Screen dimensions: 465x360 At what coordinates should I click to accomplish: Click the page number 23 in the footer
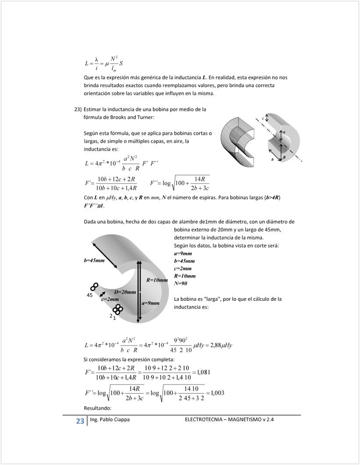(80, 421)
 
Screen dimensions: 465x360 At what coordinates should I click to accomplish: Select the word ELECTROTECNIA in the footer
(204, 419)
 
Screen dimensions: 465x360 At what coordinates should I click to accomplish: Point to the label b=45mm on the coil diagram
(94, 261)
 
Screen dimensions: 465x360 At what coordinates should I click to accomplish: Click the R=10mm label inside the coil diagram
(157, 280)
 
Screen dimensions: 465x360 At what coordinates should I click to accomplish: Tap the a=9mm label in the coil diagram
(150, 303)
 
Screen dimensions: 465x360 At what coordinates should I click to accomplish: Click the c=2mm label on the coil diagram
(110, 299)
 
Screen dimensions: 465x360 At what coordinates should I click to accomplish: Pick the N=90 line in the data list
(181, 283)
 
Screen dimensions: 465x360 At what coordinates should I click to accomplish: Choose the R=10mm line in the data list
(184, 276)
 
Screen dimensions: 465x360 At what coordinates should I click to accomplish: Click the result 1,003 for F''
(217, 393)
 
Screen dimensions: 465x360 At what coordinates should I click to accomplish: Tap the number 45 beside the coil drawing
(90, 296)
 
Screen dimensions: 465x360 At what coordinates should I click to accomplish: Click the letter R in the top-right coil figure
(284, 157)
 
